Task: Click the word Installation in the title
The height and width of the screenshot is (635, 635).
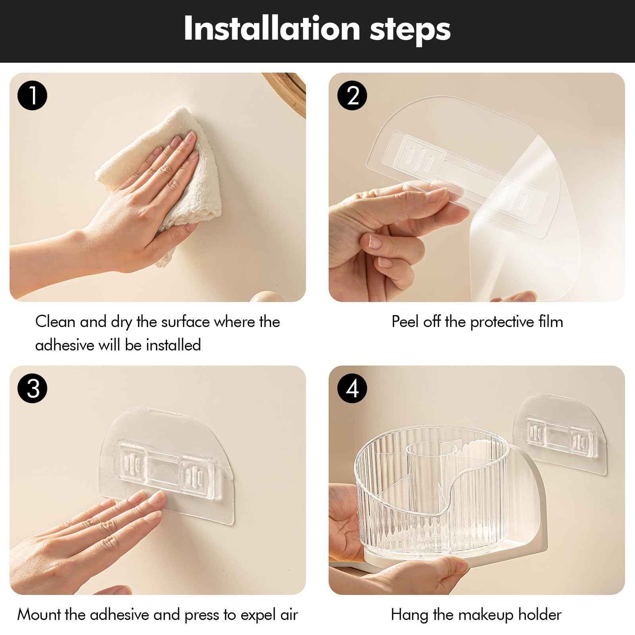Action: point(272,29)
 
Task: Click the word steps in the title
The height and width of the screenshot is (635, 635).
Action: point(410,31)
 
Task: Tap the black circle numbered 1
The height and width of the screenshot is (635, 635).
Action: point(32,95)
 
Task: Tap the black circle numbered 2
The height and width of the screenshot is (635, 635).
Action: point(352,95)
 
